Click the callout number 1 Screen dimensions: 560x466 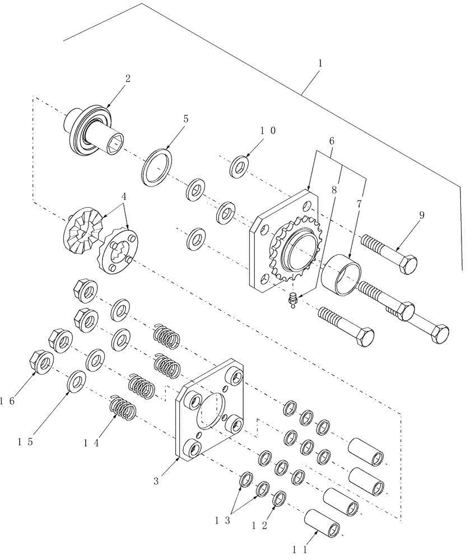coord(320,64)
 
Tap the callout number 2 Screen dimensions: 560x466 coord(128,78)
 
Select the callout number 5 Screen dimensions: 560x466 coord(185,119)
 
